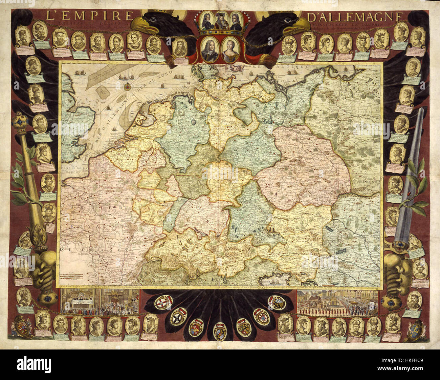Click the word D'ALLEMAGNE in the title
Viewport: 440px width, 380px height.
tap(355, 17)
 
